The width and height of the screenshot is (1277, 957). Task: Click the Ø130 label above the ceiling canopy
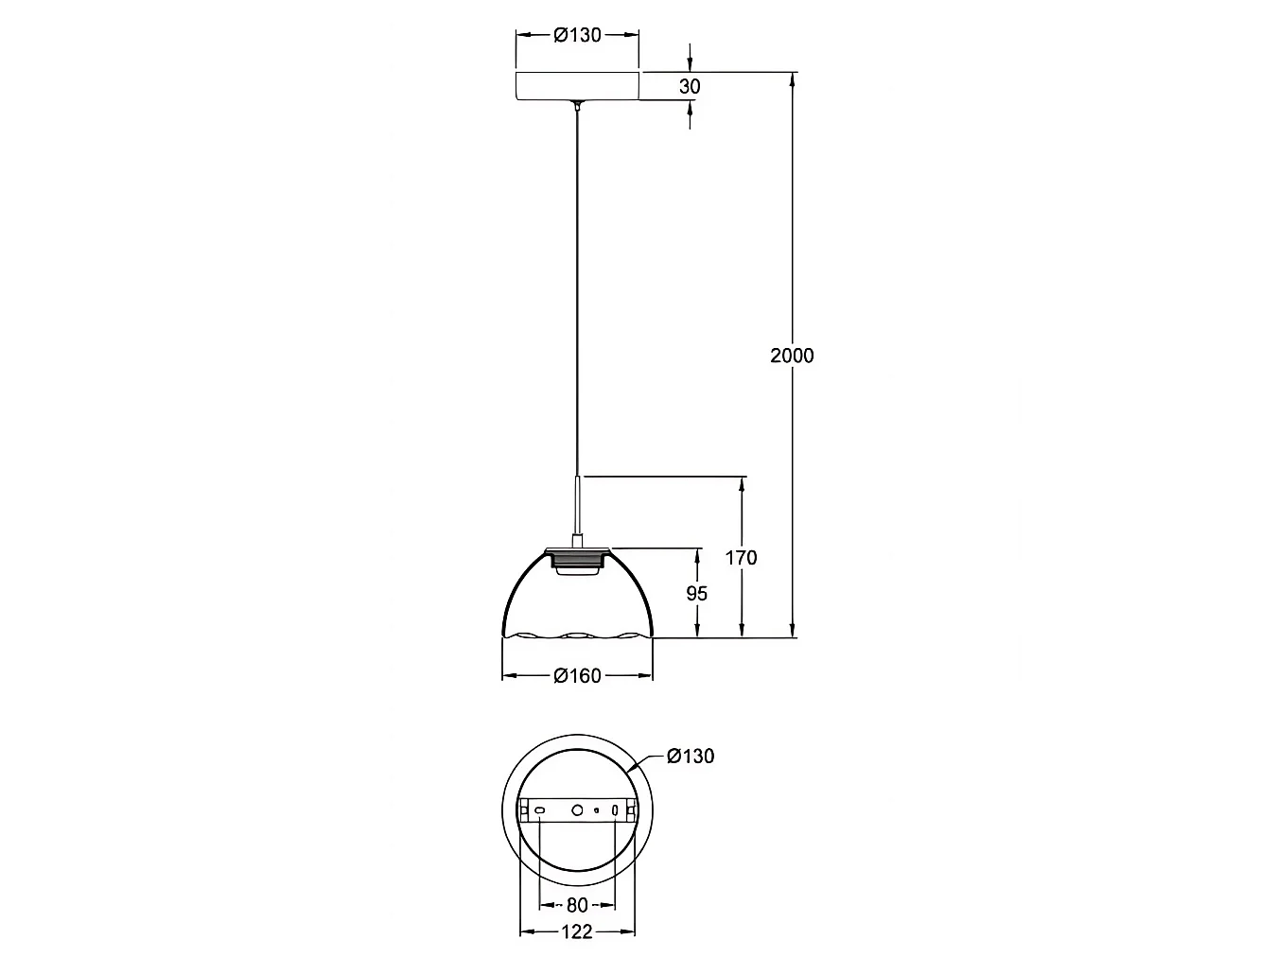tap(577, 36)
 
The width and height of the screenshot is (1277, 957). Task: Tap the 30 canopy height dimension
tap(690, 87)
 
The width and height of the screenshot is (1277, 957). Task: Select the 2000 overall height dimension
tap(792, 356)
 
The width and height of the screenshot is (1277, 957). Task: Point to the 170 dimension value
tap(741, 558)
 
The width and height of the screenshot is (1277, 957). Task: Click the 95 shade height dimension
tap(696, 594)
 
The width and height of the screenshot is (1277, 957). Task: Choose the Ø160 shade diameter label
tap(577, 675)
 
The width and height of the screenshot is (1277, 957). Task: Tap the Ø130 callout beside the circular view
tap(691, 756)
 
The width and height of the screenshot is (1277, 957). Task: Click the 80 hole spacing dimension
tap(577, 905)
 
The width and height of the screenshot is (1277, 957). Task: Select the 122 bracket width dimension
tap(577, 932)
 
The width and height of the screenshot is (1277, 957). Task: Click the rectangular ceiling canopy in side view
tap(577, 86)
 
